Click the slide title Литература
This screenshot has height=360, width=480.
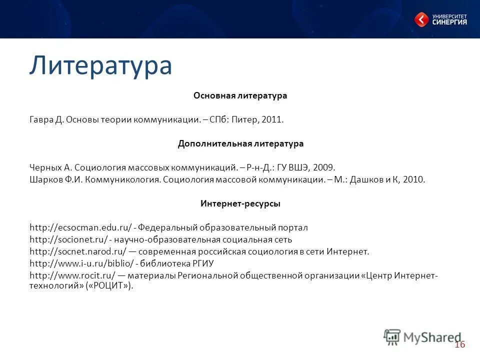click(x=100, y=65)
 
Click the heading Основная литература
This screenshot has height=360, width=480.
click(x=240, y=95)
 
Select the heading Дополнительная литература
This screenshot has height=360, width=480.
click(x=240, y=143)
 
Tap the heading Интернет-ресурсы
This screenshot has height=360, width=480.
click(x=240, y=204)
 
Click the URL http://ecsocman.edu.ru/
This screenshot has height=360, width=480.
click(x=80, y=228)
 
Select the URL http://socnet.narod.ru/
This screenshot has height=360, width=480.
click(x=77, y=251)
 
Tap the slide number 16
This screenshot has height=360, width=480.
click(x=460, y=344)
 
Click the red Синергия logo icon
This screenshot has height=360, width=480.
click(x=421, y=19)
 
